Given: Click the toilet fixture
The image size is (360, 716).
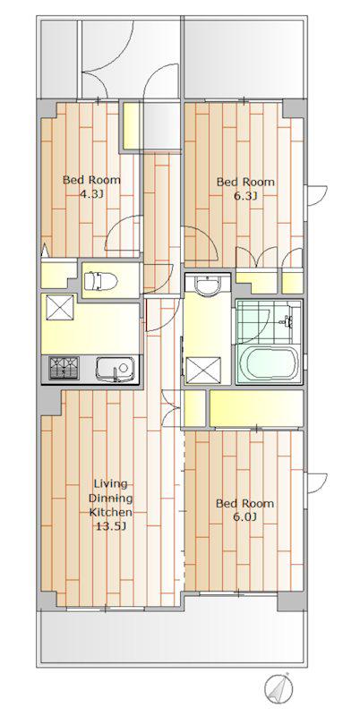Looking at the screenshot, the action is [x=100, y=281].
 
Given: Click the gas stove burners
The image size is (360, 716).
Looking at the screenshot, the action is [x=64, y=368].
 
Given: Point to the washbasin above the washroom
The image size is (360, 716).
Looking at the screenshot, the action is [x=208, y=286].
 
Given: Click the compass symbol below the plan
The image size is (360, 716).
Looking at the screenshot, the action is [x=279, y=686].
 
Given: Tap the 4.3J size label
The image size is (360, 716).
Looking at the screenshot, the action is [x=92, y=194].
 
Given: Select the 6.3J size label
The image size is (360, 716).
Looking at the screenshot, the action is [x=245, y=197].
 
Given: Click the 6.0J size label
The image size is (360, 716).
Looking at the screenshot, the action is [x=245, y=518].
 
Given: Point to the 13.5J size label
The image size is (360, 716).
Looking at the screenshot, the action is [x=110, y=526].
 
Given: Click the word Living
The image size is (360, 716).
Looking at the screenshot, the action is [x=110, y=484].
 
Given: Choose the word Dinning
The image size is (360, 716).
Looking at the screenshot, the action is [x=110, y=498].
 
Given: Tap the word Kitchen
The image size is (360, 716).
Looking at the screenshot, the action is [x=110, y=511].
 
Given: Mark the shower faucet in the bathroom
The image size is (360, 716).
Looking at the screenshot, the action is [x=287, y=322].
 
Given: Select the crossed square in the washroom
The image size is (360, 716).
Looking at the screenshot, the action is [x=203, y=370].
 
